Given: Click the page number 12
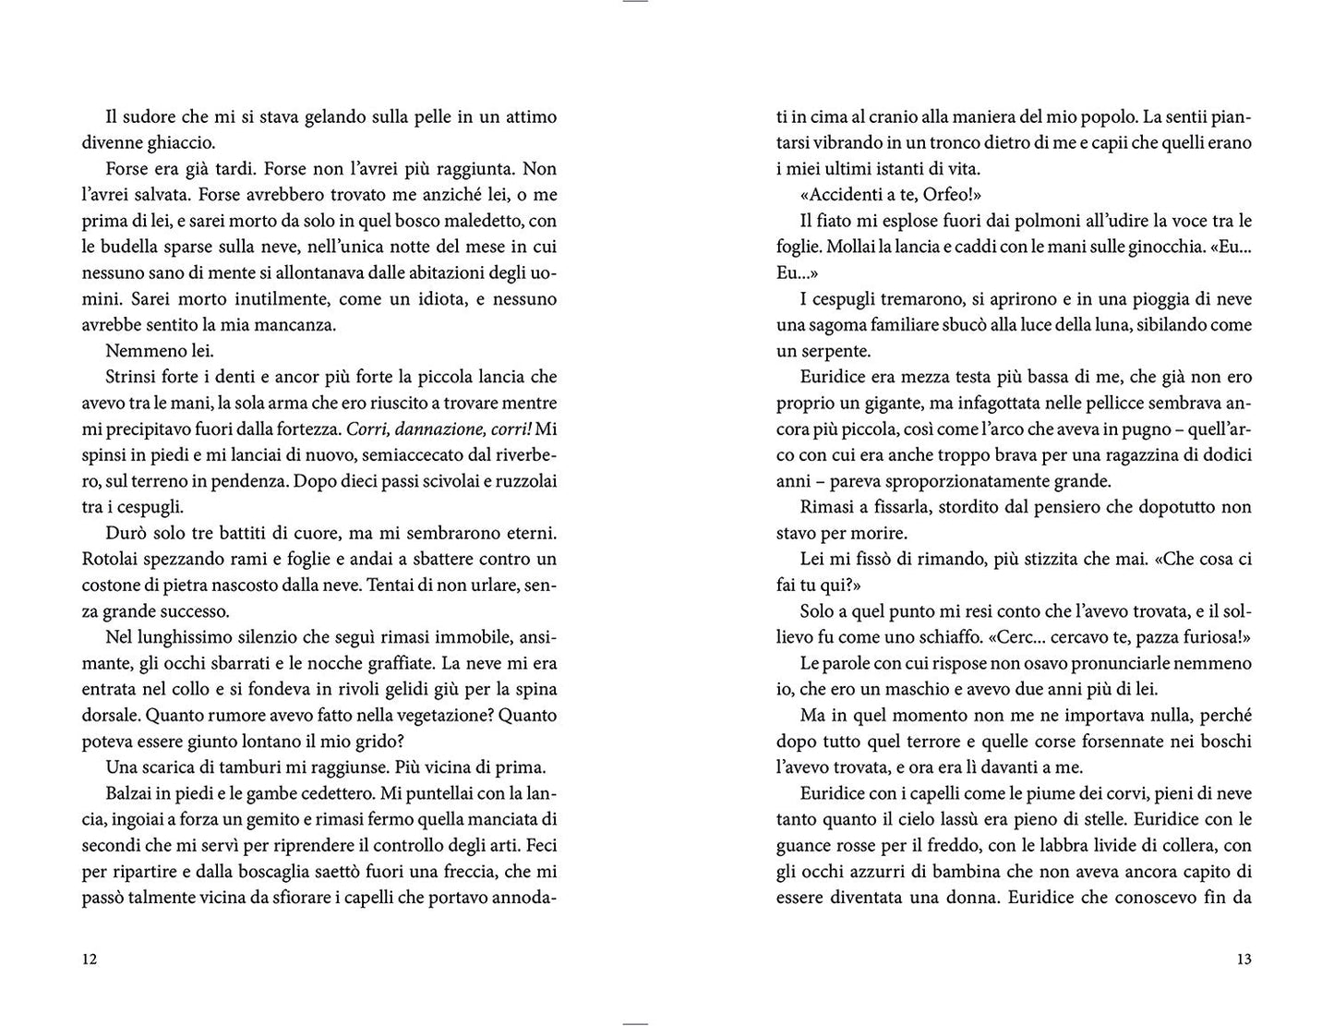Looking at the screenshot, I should pyautogui.click(x=90, y=960).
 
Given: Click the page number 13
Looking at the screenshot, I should pyautogui.click(x=1243, y=960).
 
